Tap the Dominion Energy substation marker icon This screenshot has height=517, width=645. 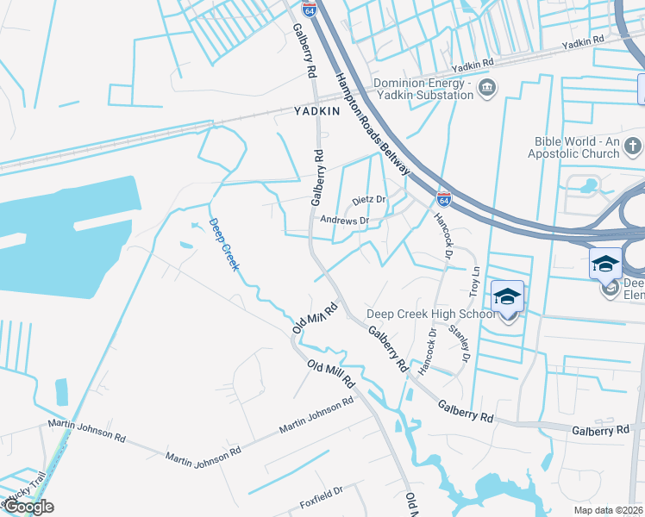pyautogui.click(x=487, y=88)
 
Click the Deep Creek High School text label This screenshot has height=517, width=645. pyautogui.click(x=431, y=314)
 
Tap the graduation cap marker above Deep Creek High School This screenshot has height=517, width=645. pyautogui.click(x=508, y=297)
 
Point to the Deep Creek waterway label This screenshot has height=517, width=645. pyautogui.click(x=223, y=245)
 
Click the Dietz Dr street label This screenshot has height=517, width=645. pyautogui.click(x=368, y=201)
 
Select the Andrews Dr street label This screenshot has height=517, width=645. pyautogui.click(x=344, y=221)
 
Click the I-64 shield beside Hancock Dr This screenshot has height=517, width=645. pyautogui.click(x=443, y=198)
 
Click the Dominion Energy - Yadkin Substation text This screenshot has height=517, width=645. pyautogui.click(x=423, y=89)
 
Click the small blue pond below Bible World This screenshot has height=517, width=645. pyautogui.click(x=590, y=185)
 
